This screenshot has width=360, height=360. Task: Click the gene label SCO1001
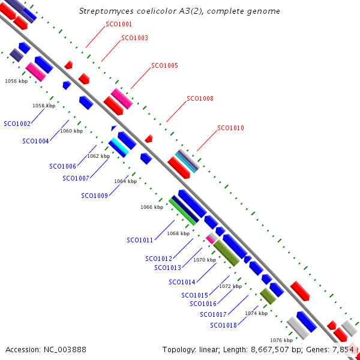119,25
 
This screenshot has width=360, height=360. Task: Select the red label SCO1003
134,38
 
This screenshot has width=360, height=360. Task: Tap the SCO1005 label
164,65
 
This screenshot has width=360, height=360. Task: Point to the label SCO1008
200,98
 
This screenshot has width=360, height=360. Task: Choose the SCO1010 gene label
230,128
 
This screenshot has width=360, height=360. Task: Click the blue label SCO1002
17,124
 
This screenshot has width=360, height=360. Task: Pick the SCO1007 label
76,178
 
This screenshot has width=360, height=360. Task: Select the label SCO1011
140,240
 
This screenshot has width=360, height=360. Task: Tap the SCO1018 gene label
223,325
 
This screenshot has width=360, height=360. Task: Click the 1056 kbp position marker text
16,80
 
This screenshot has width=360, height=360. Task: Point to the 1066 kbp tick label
152,207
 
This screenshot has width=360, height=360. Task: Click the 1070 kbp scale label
205,260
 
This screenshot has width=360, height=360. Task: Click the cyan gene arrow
118,147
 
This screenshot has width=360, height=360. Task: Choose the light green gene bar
182,212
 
